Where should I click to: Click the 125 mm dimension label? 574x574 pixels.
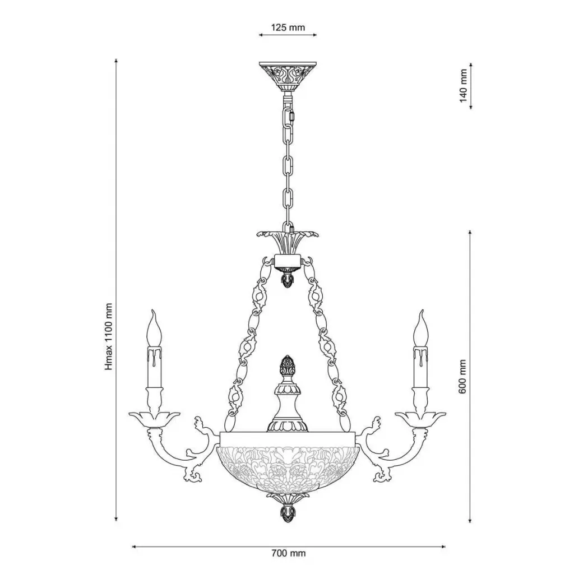click(x=288, y=27)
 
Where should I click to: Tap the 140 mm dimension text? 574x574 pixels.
click(x=464, y=86)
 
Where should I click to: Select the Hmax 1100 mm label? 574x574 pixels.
click(x=109, y=336)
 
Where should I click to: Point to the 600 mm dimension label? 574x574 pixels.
click(x=462, y=376)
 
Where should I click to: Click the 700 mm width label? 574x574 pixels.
click(x=289, y=553)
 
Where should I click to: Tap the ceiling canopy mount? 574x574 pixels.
click(x=288, y=76)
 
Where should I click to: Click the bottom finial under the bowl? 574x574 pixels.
click(x=288, y=512)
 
